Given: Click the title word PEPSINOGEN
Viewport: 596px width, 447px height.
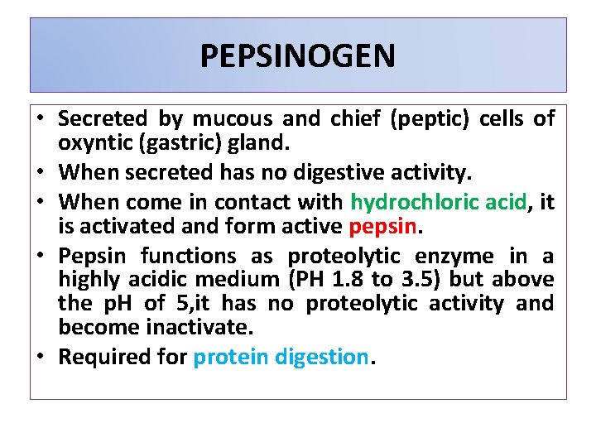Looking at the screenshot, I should point(298,56).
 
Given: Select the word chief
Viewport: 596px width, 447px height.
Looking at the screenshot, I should point(358,119).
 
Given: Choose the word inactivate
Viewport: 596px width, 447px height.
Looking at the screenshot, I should point(197,328).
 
